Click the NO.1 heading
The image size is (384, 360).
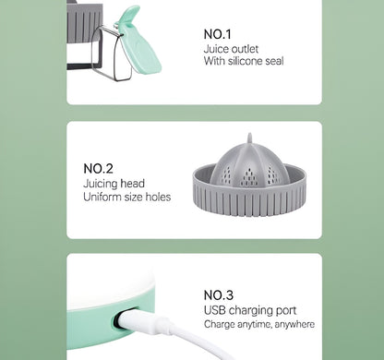click(217, 34)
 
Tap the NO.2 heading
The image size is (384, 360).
click(98, 169)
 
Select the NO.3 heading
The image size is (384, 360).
click(219, 295)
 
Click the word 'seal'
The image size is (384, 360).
click(274, 61)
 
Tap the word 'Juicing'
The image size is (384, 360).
click(101, 184)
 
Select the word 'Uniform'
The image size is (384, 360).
click(102, 197)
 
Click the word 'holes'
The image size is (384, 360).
click(158, 197)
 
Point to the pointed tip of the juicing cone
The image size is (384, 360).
click(250, 135)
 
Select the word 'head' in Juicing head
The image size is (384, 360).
click(132, 184)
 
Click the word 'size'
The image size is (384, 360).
click(134, 198)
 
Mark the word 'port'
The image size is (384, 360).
click(286, 311)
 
